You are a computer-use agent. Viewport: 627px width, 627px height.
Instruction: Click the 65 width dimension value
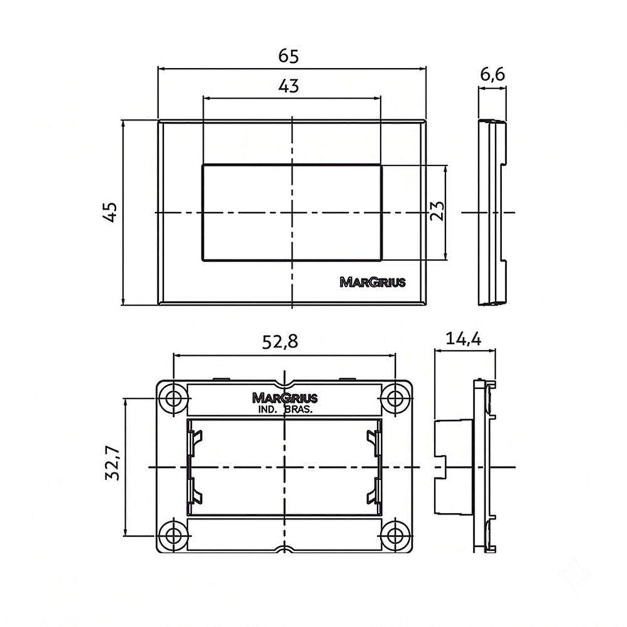(288, 56)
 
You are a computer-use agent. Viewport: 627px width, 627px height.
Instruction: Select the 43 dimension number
(288, 86)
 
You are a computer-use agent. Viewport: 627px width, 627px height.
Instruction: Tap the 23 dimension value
(437, 210)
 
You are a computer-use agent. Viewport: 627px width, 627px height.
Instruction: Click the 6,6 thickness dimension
(492, 75)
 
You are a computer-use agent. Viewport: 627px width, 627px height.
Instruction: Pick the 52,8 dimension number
(280, 342)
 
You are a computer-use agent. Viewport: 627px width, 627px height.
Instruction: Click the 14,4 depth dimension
(464, 339)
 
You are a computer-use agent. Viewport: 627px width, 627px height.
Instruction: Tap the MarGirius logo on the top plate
(372, 282)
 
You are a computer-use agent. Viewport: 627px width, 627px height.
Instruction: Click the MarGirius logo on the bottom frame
(285, 398)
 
